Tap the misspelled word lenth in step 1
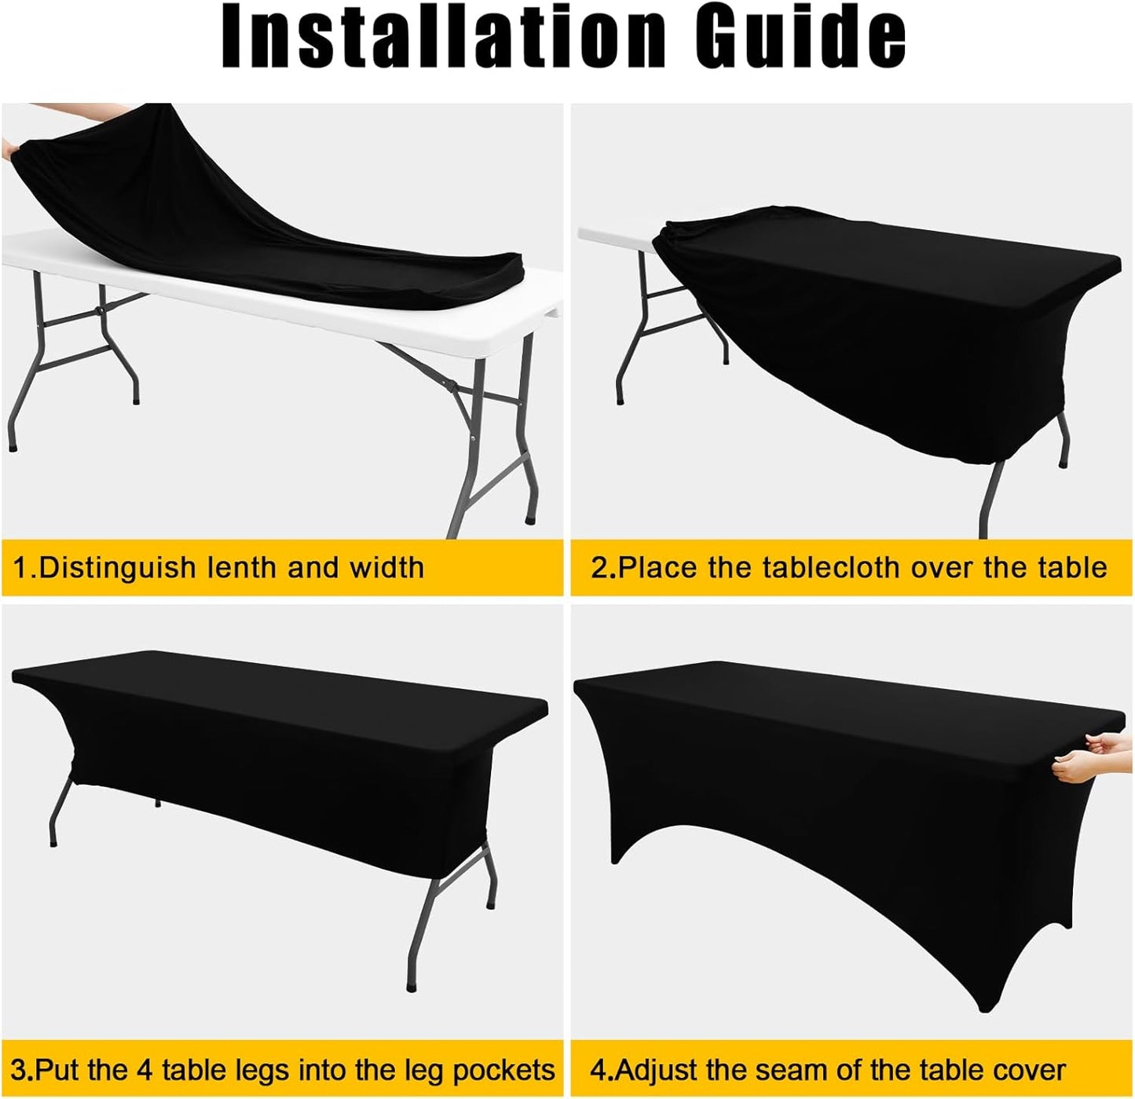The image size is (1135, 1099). point(240,567)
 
